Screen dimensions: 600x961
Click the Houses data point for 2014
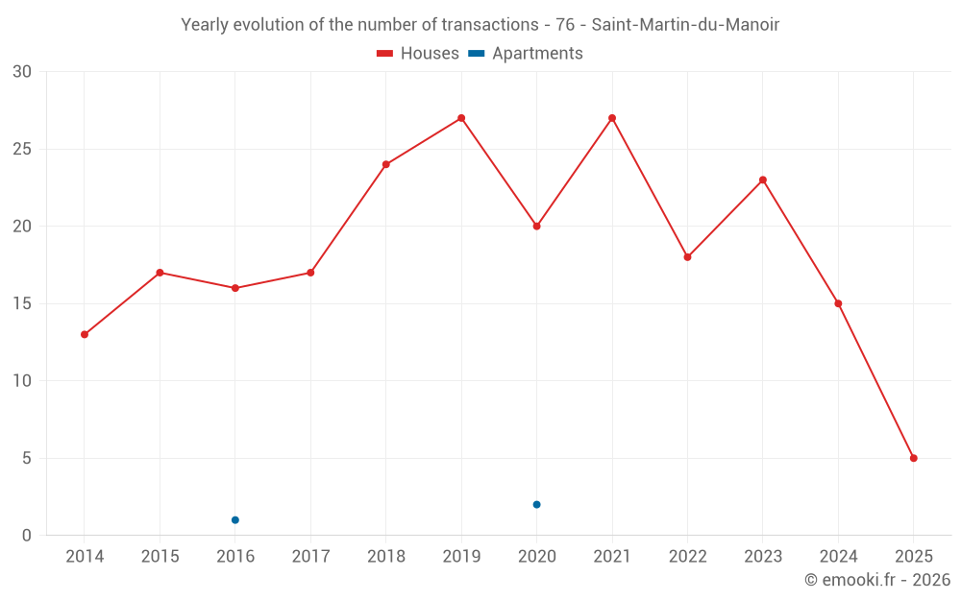pyautogui.click(x=85, y=334)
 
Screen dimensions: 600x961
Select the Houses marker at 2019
pyautogui.click(x=461, y=118)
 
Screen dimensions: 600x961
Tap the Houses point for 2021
pyautogui.click(x=612, y=118)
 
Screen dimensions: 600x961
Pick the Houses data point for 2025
pyautogui.click(x=913, y=458)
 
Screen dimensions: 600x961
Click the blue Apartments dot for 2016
pyautogui.click(x=235, y=520)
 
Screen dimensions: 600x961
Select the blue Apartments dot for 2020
pyautogui.click(x=536, y=504)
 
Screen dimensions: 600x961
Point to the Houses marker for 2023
pyautogui.click(x=763, y=180)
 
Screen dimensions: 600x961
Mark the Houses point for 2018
pyautogui.click(x=386, y=164)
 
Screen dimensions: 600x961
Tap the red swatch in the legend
pyautogui.click(x=384, y=54)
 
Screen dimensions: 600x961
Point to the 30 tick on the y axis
pyautogui.click(x=22, y=72)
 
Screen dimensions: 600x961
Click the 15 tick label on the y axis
pyautogui.click(x=22, y=303)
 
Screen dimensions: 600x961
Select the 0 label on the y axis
pyautogui.click(x=27, y=535)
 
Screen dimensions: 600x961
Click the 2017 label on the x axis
pyautogui.click(x=310, y=557)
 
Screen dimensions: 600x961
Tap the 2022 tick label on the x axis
pyautogui.click(x=687, y=557)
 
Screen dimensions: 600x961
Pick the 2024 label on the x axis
pyautogui.click(x=838, y=557)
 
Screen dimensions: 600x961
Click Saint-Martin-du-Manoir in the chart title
pyautogui.click(x=692, y=25)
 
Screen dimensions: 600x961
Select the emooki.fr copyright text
pyautogui.click(x=876, y=580)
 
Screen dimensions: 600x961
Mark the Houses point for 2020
pyautogui.click(x=536, y=227)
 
